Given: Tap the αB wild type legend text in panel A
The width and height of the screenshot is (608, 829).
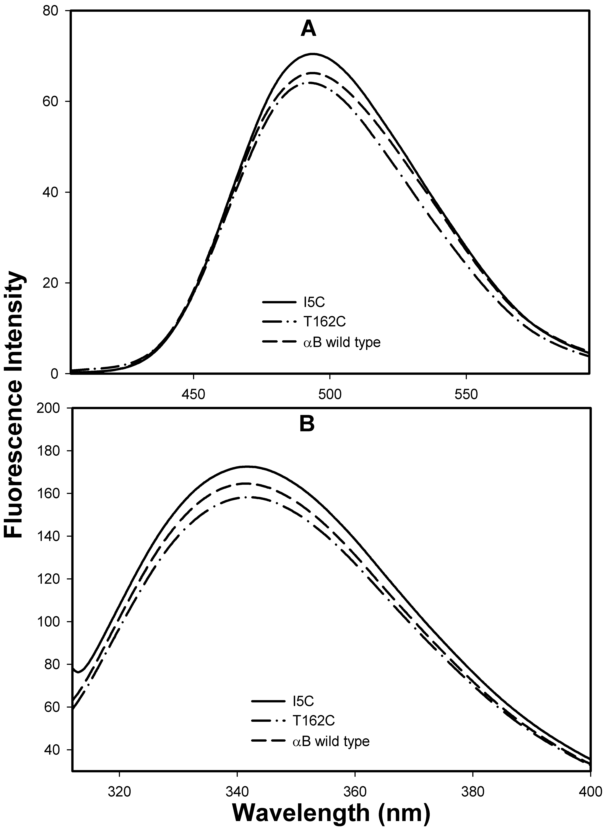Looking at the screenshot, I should [339, 343].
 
